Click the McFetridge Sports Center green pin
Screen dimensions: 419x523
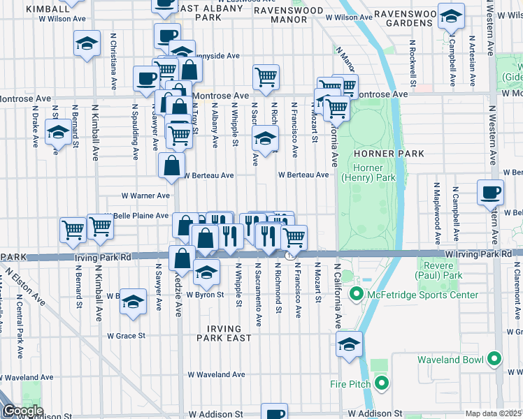356,295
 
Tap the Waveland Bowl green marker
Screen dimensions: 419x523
494,360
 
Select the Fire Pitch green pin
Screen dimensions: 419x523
381,383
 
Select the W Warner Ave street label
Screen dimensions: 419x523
145,196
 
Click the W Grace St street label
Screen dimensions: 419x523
126,336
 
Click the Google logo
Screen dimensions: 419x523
23,411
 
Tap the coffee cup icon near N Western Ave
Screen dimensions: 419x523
491,192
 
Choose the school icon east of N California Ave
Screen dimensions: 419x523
350,344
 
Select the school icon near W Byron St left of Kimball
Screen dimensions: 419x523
133,302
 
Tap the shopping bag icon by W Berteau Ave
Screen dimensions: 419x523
171,166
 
